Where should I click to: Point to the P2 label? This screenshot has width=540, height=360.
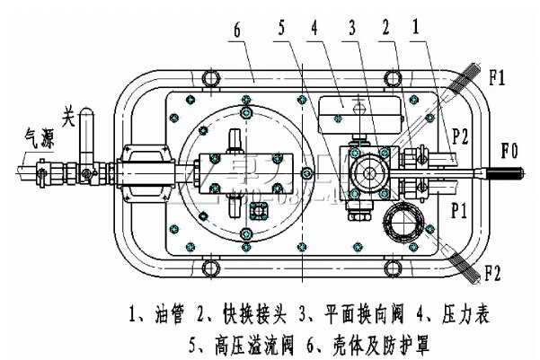pyautogui.click(x=460, y=136)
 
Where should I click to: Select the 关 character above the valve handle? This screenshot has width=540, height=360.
pyautogui.click(x=67, y=116)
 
